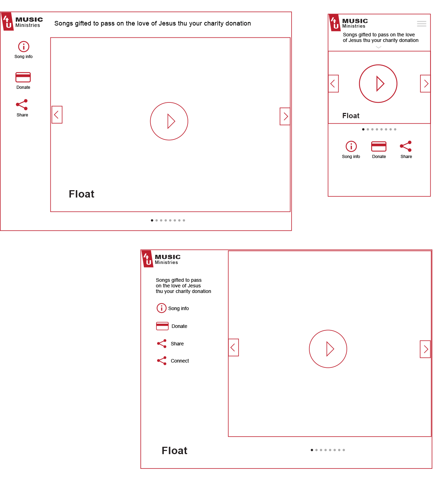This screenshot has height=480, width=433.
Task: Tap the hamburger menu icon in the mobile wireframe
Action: [421, 24]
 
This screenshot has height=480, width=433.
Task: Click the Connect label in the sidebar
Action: [179, 361]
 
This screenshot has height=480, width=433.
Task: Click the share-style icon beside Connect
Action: [162, 361]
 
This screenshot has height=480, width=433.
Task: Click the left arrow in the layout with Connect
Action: [233, 348]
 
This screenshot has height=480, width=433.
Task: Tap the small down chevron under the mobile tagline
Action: [379, 47]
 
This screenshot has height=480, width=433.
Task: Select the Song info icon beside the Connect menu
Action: [161, 308]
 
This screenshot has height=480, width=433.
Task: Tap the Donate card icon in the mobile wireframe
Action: [379, 146]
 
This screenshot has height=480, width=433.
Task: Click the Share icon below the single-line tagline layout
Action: [22, 105]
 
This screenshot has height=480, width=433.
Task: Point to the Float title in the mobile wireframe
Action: [351, 116]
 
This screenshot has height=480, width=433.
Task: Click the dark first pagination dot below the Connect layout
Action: [312, 450]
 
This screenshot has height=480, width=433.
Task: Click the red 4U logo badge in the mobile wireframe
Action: [335, 23]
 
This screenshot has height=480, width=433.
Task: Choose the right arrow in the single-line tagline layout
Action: [285, 116]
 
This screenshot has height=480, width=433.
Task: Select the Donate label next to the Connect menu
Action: [179, 326]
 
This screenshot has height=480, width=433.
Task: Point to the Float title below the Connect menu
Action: [174, 451]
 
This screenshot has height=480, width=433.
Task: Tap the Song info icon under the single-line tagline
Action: [23, 46]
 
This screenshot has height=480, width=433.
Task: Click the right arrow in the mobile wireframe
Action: [425, 84]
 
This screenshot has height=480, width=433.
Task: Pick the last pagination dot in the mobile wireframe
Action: [395, 129]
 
